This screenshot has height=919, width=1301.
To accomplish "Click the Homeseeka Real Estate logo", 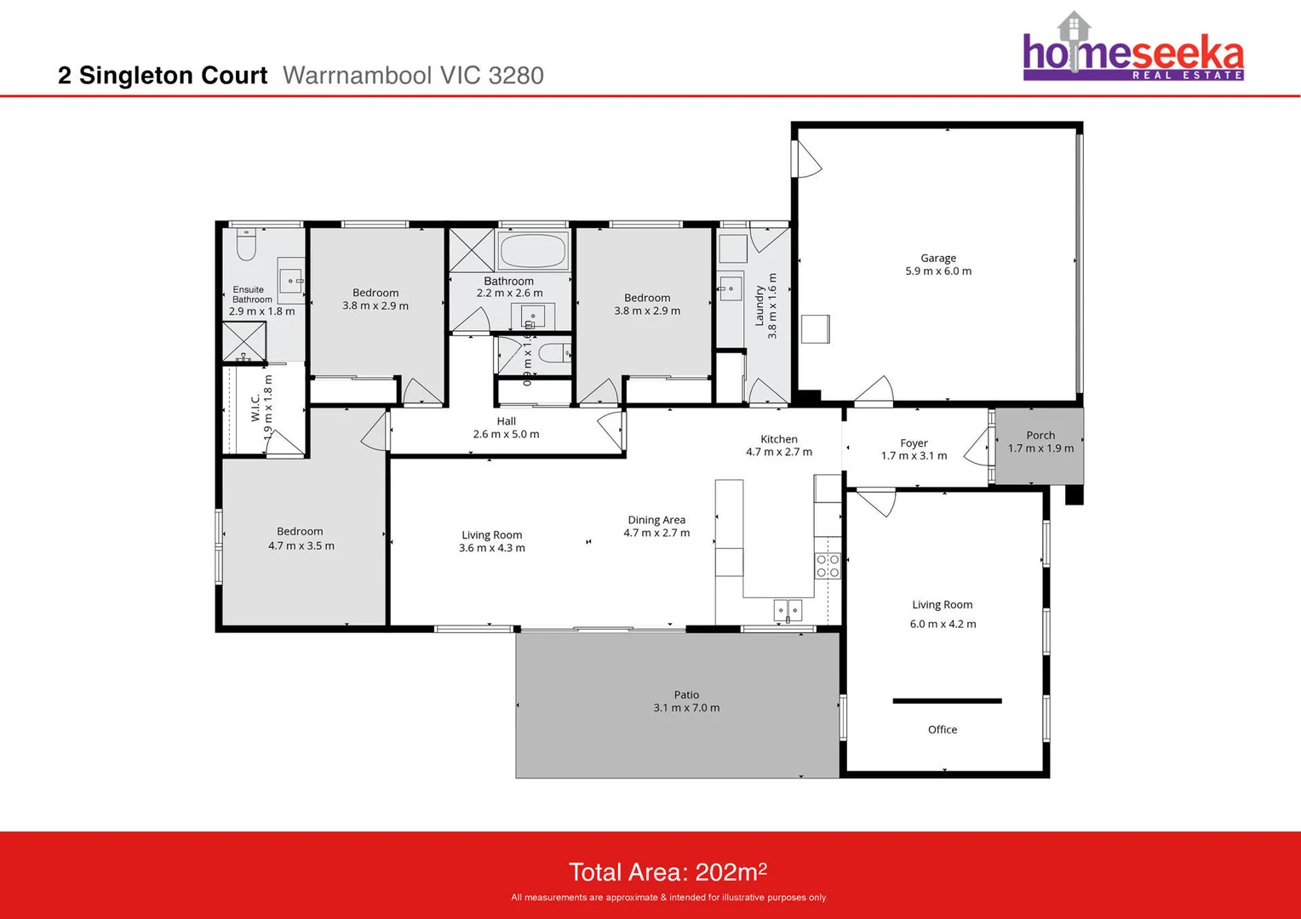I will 1132,49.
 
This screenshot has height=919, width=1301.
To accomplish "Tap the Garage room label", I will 937,258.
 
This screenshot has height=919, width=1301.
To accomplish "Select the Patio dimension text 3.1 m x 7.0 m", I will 686,708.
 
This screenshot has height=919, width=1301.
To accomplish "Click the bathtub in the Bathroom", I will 533,251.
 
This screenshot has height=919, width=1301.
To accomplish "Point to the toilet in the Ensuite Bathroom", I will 246,245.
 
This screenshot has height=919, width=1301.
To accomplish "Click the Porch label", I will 1040,435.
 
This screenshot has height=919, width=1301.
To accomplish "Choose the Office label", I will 942,729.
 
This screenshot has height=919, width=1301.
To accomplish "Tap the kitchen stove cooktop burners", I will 828,566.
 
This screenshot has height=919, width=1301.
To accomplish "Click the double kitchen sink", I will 788,609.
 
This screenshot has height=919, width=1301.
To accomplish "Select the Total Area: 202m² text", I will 668,872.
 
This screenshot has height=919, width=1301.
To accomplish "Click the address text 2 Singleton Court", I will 163,76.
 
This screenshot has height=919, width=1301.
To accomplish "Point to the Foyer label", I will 914,442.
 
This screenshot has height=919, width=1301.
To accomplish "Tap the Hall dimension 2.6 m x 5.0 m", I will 506,434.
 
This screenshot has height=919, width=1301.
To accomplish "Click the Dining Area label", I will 656,520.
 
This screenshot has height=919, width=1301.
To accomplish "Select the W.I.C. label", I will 255,408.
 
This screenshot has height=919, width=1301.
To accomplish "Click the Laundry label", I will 759,306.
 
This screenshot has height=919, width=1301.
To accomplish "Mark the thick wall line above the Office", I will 947,701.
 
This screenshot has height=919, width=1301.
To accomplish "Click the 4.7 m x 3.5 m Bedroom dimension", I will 301,545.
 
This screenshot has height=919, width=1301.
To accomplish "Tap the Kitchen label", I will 779,439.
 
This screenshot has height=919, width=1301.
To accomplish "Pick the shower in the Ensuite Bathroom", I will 244,341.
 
